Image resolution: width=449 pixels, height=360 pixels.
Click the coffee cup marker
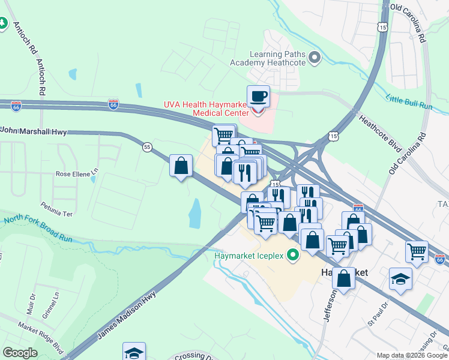tap(258, 97)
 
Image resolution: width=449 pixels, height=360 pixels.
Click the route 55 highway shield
tap(146, 146)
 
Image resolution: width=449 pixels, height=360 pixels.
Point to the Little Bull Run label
tap(409, 101)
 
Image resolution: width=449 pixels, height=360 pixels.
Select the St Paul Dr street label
tap(378, 315)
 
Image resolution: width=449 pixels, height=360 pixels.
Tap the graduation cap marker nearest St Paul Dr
tap(400, 279)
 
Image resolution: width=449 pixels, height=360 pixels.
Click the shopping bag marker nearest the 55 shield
tap(181, 166)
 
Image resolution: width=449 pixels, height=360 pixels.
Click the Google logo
tap(20, 353)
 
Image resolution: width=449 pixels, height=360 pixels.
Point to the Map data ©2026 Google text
tap(412, 355)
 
